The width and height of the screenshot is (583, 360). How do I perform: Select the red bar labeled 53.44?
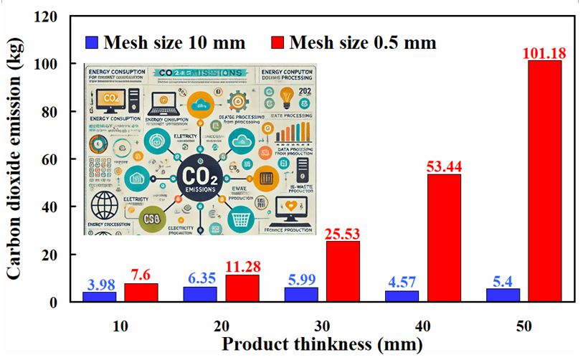(x=444, y=237)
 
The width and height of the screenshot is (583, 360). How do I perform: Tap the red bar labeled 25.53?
(x=343, y=271)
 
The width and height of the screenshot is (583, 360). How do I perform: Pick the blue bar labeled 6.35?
(x=200, y=294)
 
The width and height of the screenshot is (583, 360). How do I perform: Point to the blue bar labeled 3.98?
(x=99, y=296)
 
